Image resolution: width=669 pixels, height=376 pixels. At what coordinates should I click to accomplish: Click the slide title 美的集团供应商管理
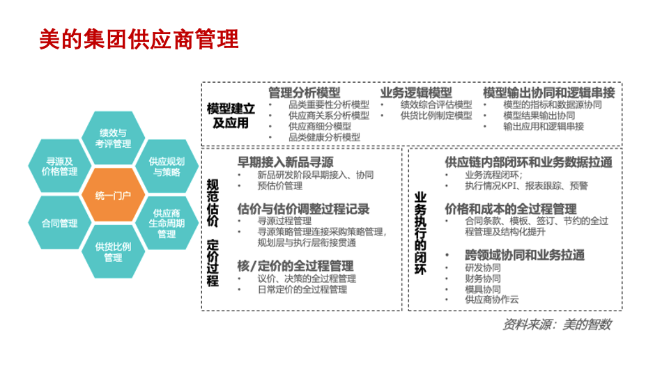click(x=139, y=40)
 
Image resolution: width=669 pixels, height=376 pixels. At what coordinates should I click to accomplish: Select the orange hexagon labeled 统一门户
click(x=113, y=196)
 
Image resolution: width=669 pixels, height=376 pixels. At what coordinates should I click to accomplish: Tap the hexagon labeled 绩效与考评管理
click(x=113, y=138)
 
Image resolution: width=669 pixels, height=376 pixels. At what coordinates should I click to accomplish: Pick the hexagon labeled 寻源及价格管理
click(x=59, y=166)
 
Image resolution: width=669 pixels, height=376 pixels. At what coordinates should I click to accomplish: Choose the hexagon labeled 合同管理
click(x=59, y=224)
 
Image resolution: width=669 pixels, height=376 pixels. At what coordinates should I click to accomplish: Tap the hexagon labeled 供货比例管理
click(x=113, y=251)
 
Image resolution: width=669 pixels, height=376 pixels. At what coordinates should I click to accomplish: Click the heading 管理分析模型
click(x=305, y=93)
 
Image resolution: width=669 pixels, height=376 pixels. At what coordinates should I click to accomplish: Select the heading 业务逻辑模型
click(x=416, y=93)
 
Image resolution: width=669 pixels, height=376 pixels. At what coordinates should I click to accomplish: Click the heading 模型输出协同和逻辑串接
click(x=549, y=93)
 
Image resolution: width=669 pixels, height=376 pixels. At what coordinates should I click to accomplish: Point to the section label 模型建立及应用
click(x=231, y=116)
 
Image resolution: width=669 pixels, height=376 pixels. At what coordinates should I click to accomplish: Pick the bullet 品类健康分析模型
click(x=324, y=137)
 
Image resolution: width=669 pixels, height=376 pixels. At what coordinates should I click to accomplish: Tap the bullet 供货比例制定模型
click(x=436, y=116)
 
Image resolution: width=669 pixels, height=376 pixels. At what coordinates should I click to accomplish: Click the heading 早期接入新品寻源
click(x=285, y=162)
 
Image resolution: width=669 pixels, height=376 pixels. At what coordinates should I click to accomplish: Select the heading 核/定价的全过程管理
click(x=295, y=266)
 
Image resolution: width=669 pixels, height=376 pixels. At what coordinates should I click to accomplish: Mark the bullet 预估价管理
click(x=280, y=186)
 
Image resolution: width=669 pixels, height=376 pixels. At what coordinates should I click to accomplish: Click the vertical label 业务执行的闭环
click(x=420, y=233)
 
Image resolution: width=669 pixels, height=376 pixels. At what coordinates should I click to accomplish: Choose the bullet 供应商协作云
click(x=491, y=299)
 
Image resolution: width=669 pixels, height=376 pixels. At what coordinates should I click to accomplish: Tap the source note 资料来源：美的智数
click(x=557, y=324)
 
